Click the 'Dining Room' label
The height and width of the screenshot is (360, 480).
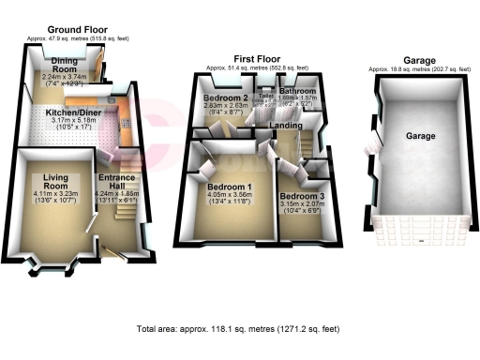point(64,67)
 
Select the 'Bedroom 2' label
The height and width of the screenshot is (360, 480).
point(225,98)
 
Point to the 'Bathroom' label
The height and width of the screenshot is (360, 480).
point(298,91)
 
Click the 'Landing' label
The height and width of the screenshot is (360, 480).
point(286,125)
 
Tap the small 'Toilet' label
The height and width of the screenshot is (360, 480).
point(265,96)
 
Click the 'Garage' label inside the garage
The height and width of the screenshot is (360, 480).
point(419,137)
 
